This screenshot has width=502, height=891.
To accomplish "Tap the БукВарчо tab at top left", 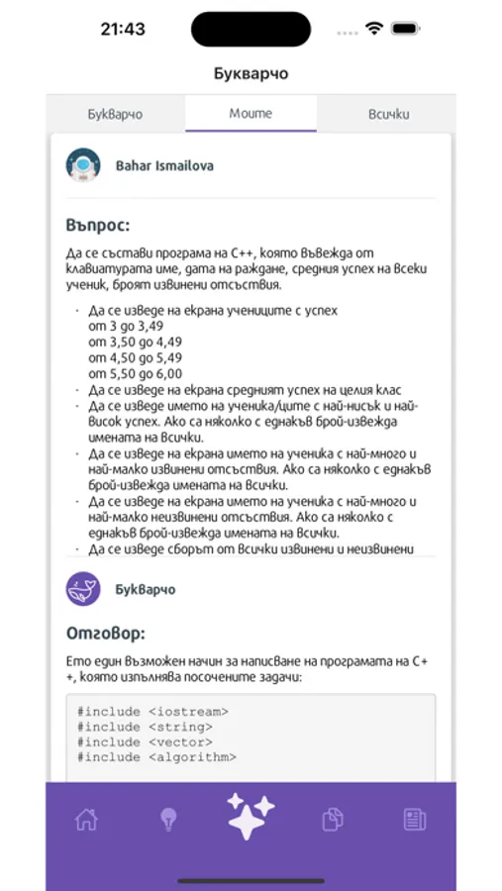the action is click(114, 114).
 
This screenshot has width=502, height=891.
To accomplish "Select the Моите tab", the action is click(251, 114).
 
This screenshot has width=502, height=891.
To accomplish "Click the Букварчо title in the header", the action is click(251, 73).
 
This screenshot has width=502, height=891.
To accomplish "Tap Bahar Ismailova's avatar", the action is click(83, 165).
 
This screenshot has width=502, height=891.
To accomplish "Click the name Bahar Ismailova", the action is click(164, 165).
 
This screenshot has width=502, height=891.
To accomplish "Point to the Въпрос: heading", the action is click(98, 225).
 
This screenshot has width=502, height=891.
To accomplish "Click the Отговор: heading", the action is click(105, 633).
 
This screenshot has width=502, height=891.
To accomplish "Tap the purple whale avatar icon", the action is click(83, 589).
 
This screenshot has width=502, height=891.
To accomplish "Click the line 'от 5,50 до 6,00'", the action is click(135, 373).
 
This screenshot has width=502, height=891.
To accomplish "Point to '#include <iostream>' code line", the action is click(153, 711).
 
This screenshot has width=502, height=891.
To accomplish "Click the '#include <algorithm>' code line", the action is click(156, 757).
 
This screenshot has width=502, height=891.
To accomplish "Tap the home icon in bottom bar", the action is click(86, 819).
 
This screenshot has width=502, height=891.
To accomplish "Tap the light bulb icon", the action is click(169, 819).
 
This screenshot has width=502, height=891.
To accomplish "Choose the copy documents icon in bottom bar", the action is click(333, 819).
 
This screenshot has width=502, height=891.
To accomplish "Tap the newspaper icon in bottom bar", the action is click(414, 819).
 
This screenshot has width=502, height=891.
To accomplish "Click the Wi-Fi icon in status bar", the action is click(373, 29).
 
